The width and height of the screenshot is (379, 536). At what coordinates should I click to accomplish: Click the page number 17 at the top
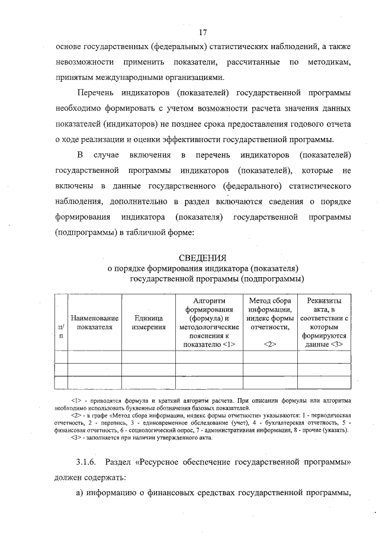pyautogui.click(x=203, y=31)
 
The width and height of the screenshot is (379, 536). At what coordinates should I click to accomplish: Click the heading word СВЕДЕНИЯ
pyautogui.click(x=203, y=258)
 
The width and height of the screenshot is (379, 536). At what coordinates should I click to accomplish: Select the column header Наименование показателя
pyautogui.click(x=95, y=323)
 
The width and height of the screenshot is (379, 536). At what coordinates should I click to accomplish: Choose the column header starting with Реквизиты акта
pyautogui.click(x=324, y=323)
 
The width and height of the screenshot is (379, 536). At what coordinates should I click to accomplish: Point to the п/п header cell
pyautogui.click(x=61, y=331)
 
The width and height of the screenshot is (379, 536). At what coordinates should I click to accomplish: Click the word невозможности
pyautogui.click(x=84, y=62)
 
